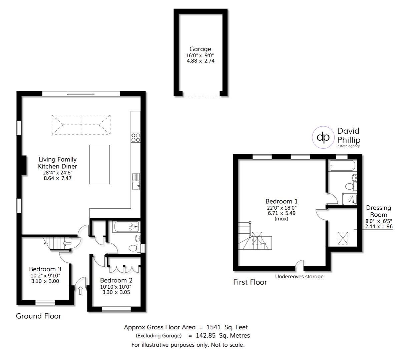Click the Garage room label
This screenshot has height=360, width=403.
click(x=200, y=49)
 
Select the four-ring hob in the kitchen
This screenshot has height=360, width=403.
click(x=135, y=138)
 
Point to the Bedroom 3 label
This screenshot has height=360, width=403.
click(x=45, y=269)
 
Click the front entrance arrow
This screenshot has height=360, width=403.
click(x=80, y=291)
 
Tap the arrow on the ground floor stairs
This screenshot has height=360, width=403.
click(x=67, y=243)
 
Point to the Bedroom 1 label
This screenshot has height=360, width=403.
click(x=281, y=201)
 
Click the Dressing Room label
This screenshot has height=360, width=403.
click(x=378, y=211)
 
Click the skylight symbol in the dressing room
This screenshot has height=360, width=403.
click(x=343, y=238)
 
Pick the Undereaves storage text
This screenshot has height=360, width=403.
click(x=299, y=276)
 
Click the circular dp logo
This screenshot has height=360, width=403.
click(x=323, y=137)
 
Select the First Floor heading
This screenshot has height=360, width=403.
click(x=250, y=282)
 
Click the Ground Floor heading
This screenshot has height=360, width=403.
click(x=39, y=316)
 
